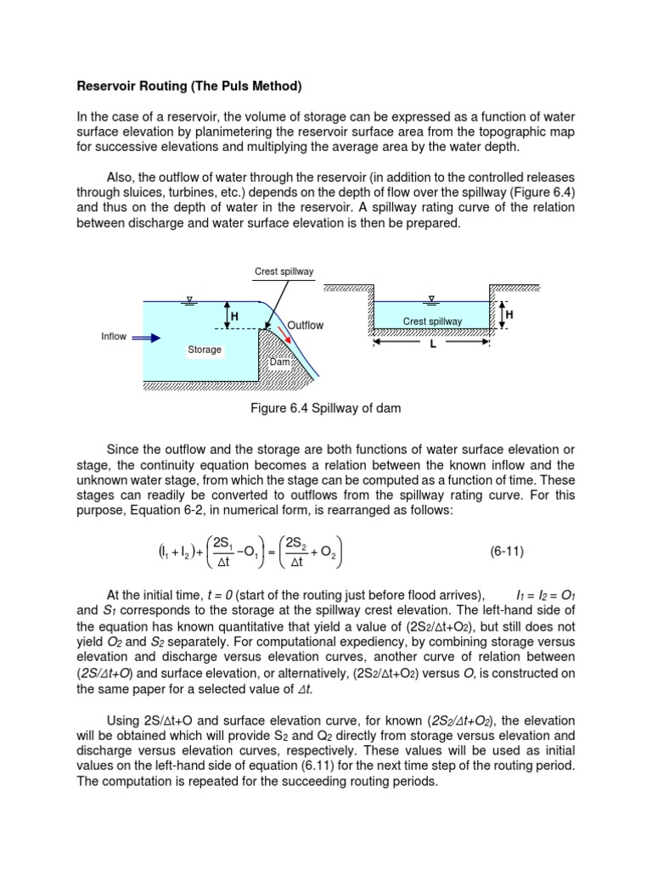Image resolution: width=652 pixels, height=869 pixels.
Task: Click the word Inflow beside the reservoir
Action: pyautogui.click(x=114, y=336)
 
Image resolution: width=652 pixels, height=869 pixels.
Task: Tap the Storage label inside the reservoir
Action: pyautogui.click(x=205, y=350)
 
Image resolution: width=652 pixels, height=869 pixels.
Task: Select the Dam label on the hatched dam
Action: pyautogui.click(x=279, y=362)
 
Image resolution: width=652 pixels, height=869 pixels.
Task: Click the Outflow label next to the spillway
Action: pyautogui.click(x=305, y=325)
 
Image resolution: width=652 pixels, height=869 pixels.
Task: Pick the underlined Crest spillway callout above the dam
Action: pyautogui.click(x=284, y=272)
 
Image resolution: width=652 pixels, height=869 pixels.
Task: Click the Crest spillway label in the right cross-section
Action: pyautogui.click(x=432, y=322)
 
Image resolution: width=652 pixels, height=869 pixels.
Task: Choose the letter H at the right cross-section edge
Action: pyautogui.click(x=509, y=314)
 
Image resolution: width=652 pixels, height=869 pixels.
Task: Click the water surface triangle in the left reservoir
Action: pyautogui.click(x=191, y=298)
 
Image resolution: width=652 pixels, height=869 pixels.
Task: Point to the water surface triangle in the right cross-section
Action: pyautogui.click(x=432, y=298)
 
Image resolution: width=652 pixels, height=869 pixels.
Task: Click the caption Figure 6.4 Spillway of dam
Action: pyautogui.click(x=326, y=408)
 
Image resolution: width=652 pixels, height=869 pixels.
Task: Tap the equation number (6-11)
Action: pyautogui.click(x=507, y=551)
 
